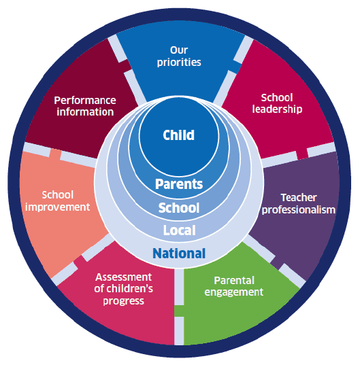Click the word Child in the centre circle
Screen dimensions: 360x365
pos(178,135)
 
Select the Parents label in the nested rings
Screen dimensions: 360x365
pos(179,184)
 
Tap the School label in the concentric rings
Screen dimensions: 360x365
pos(179,207)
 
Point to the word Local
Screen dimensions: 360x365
pos(179,230)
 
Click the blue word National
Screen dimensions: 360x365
pos(179,254)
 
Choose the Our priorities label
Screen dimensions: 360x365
pos(179,56)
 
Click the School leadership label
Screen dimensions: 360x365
pos(277,103)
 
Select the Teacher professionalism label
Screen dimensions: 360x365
pos(299,204)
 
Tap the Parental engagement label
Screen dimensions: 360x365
pos(233,286)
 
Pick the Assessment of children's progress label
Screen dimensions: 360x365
pos(123,289)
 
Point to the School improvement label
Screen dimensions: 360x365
pos(58,201)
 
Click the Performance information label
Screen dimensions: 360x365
pos(85,106)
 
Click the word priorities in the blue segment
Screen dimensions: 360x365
pos(179,63)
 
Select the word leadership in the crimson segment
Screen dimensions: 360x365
pos(277,109)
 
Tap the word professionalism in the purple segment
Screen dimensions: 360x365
pos(299,210)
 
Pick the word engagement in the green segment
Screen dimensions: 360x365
pos(233,292)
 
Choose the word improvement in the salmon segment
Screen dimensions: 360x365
pos(58,207)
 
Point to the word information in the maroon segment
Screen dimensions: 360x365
pos(85,112)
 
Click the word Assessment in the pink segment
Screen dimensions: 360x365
pos(123,277)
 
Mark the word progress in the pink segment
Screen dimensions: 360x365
pos(123,301)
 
